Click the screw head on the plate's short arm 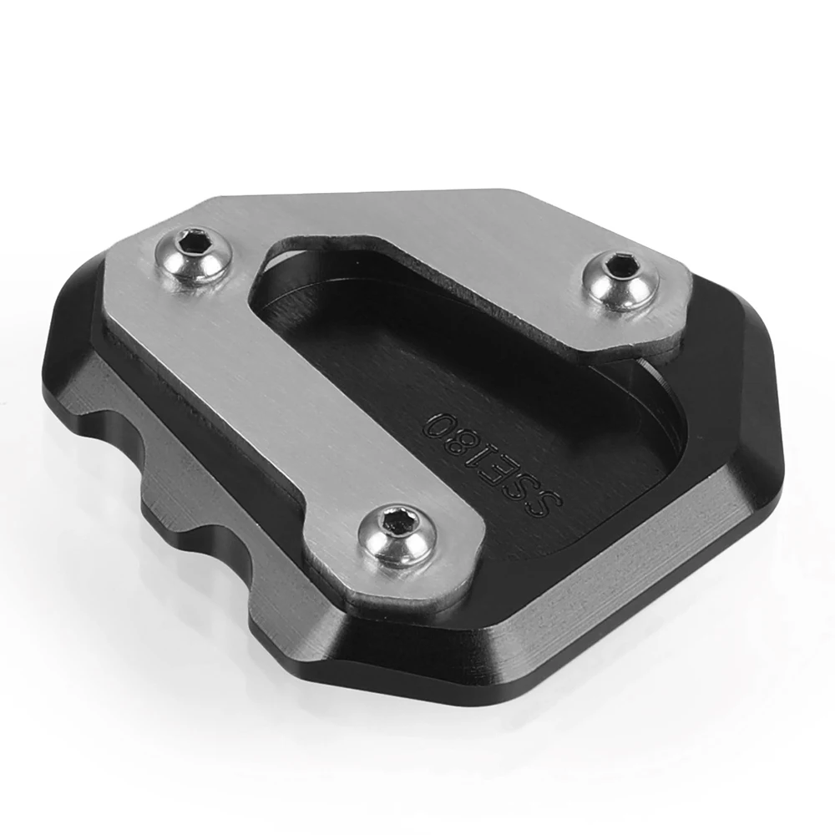click(x=621, y=279)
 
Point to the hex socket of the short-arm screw click(x=620, y=263)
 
